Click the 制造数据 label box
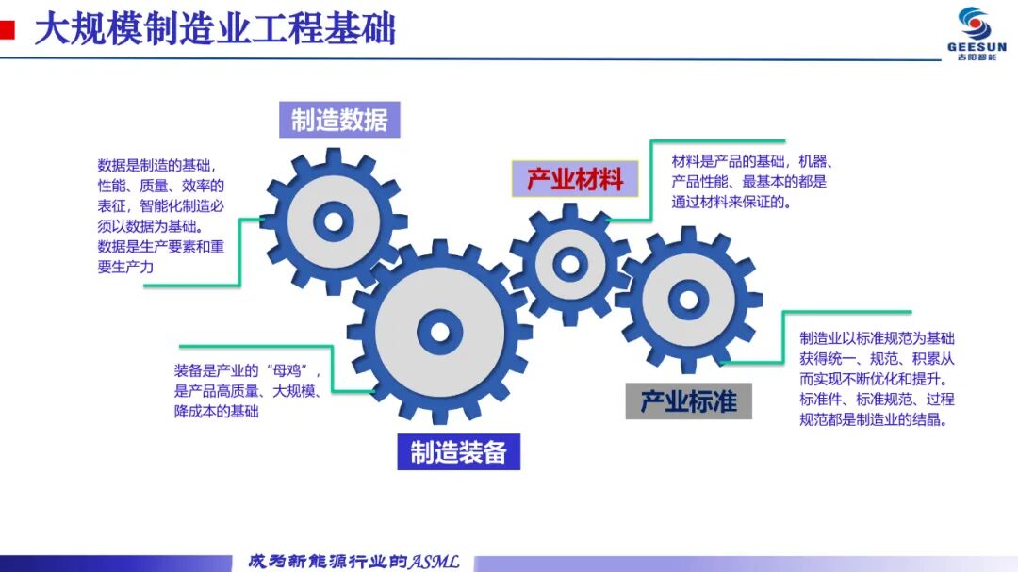point(339,120)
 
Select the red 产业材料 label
point(575,178)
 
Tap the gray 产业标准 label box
point(688,401)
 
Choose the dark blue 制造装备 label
point(458,452)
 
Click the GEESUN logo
point(977,34)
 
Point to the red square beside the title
point(7,30)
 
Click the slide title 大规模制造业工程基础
point(215,30)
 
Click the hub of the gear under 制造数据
point(333,221)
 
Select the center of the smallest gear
point(570,264)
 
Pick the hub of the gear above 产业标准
point(688,300)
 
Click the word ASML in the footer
point(434,562)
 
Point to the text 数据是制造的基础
point(154,165)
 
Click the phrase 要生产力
point(125,267)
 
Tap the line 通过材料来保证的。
point(731,202)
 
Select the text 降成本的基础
point(216,411)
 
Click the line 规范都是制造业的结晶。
point(874,419)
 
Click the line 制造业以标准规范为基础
point(878,337)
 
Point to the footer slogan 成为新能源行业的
point(328,562)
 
